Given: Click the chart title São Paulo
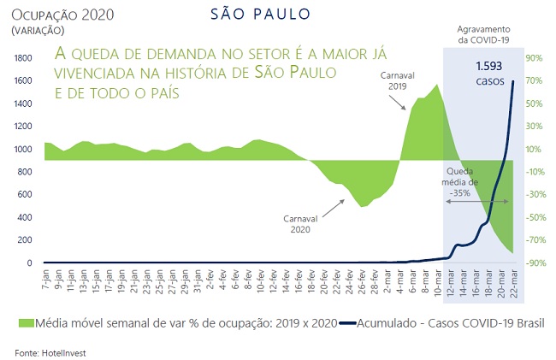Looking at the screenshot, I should (259, 16).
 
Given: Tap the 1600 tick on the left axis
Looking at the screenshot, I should (22, 80).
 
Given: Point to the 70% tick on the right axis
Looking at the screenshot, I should (535, 80).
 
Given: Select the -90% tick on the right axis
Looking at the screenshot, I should (535, 263).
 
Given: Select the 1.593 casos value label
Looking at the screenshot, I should (490, 72).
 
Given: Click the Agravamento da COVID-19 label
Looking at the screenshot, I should (484, 35).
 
